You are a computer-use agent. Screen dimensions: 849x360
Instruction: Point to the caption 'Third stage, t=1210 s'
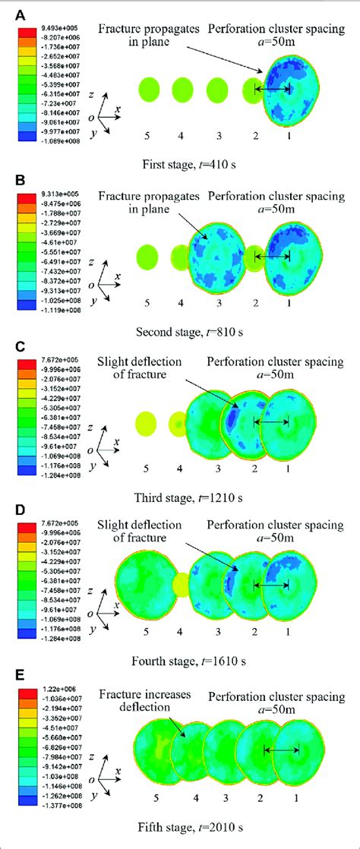183,498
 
